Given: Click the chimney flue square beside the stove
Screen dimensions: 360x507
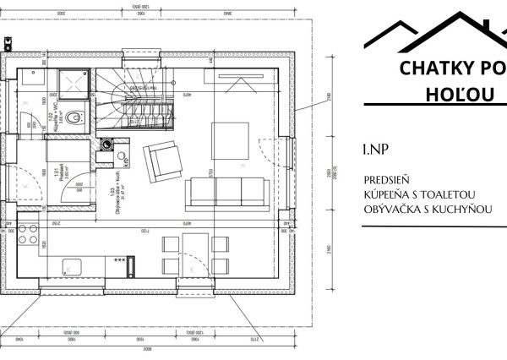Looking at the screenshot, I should [106, 145].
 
